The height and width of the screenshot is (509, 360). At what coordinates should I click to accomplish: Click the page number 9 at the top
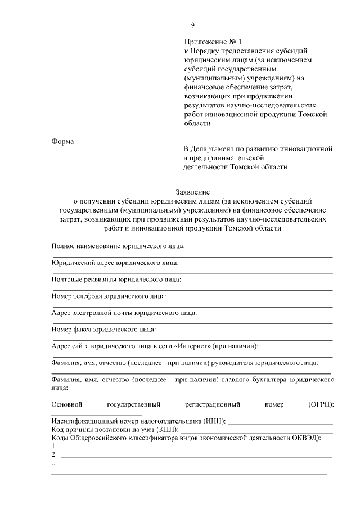coord(193,25)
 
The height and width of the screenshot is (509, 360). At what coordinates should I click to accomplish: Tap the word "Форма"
coord(62,141)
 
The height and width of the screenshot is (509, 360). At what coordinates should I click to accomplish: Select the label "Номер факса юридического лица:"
coord(103,329)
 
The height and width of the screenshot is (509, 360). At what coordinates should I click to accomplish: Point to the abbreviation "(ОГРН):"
coord(321,404)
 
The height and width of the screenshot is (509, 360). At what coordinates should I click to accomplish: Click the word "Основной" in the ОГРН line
coord(67,404)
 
